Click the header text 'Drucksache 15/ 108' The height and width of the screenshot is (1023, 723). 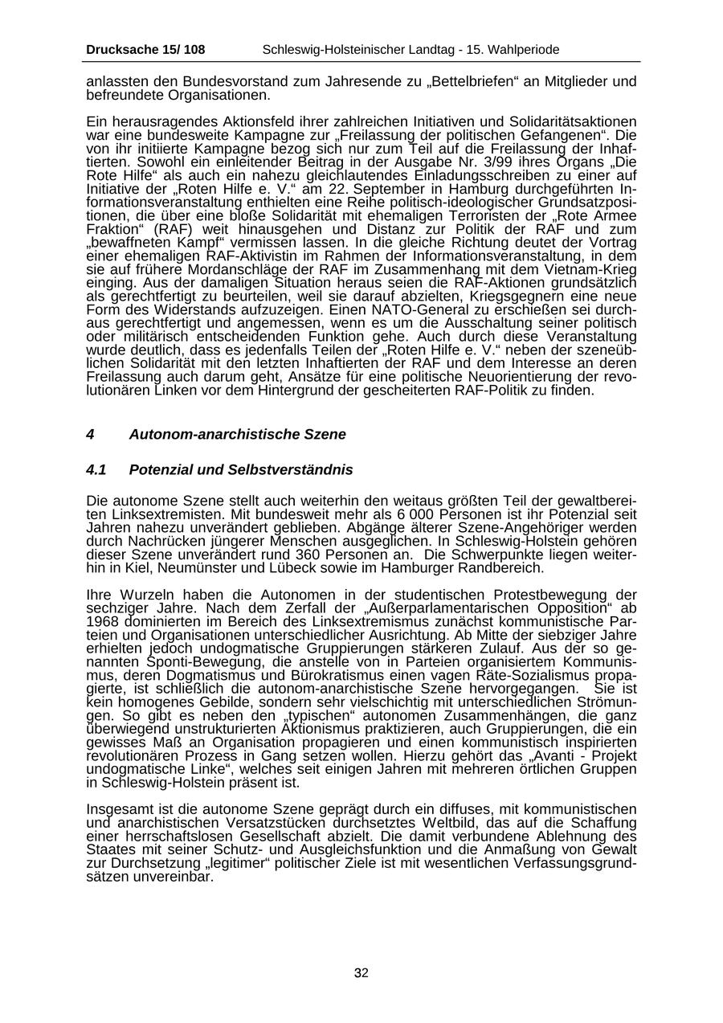tap(145, 50)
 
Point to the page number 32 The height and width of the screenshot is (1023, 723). tap(361, 973)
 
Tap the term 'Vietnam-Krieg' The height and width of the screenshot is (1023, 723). tap(594, 269)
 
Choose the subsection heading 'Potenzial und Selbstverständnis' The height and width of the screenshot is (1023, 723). tap(240, 469)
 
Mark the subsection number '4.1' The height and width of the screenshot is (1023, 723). tap(96, 469)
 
